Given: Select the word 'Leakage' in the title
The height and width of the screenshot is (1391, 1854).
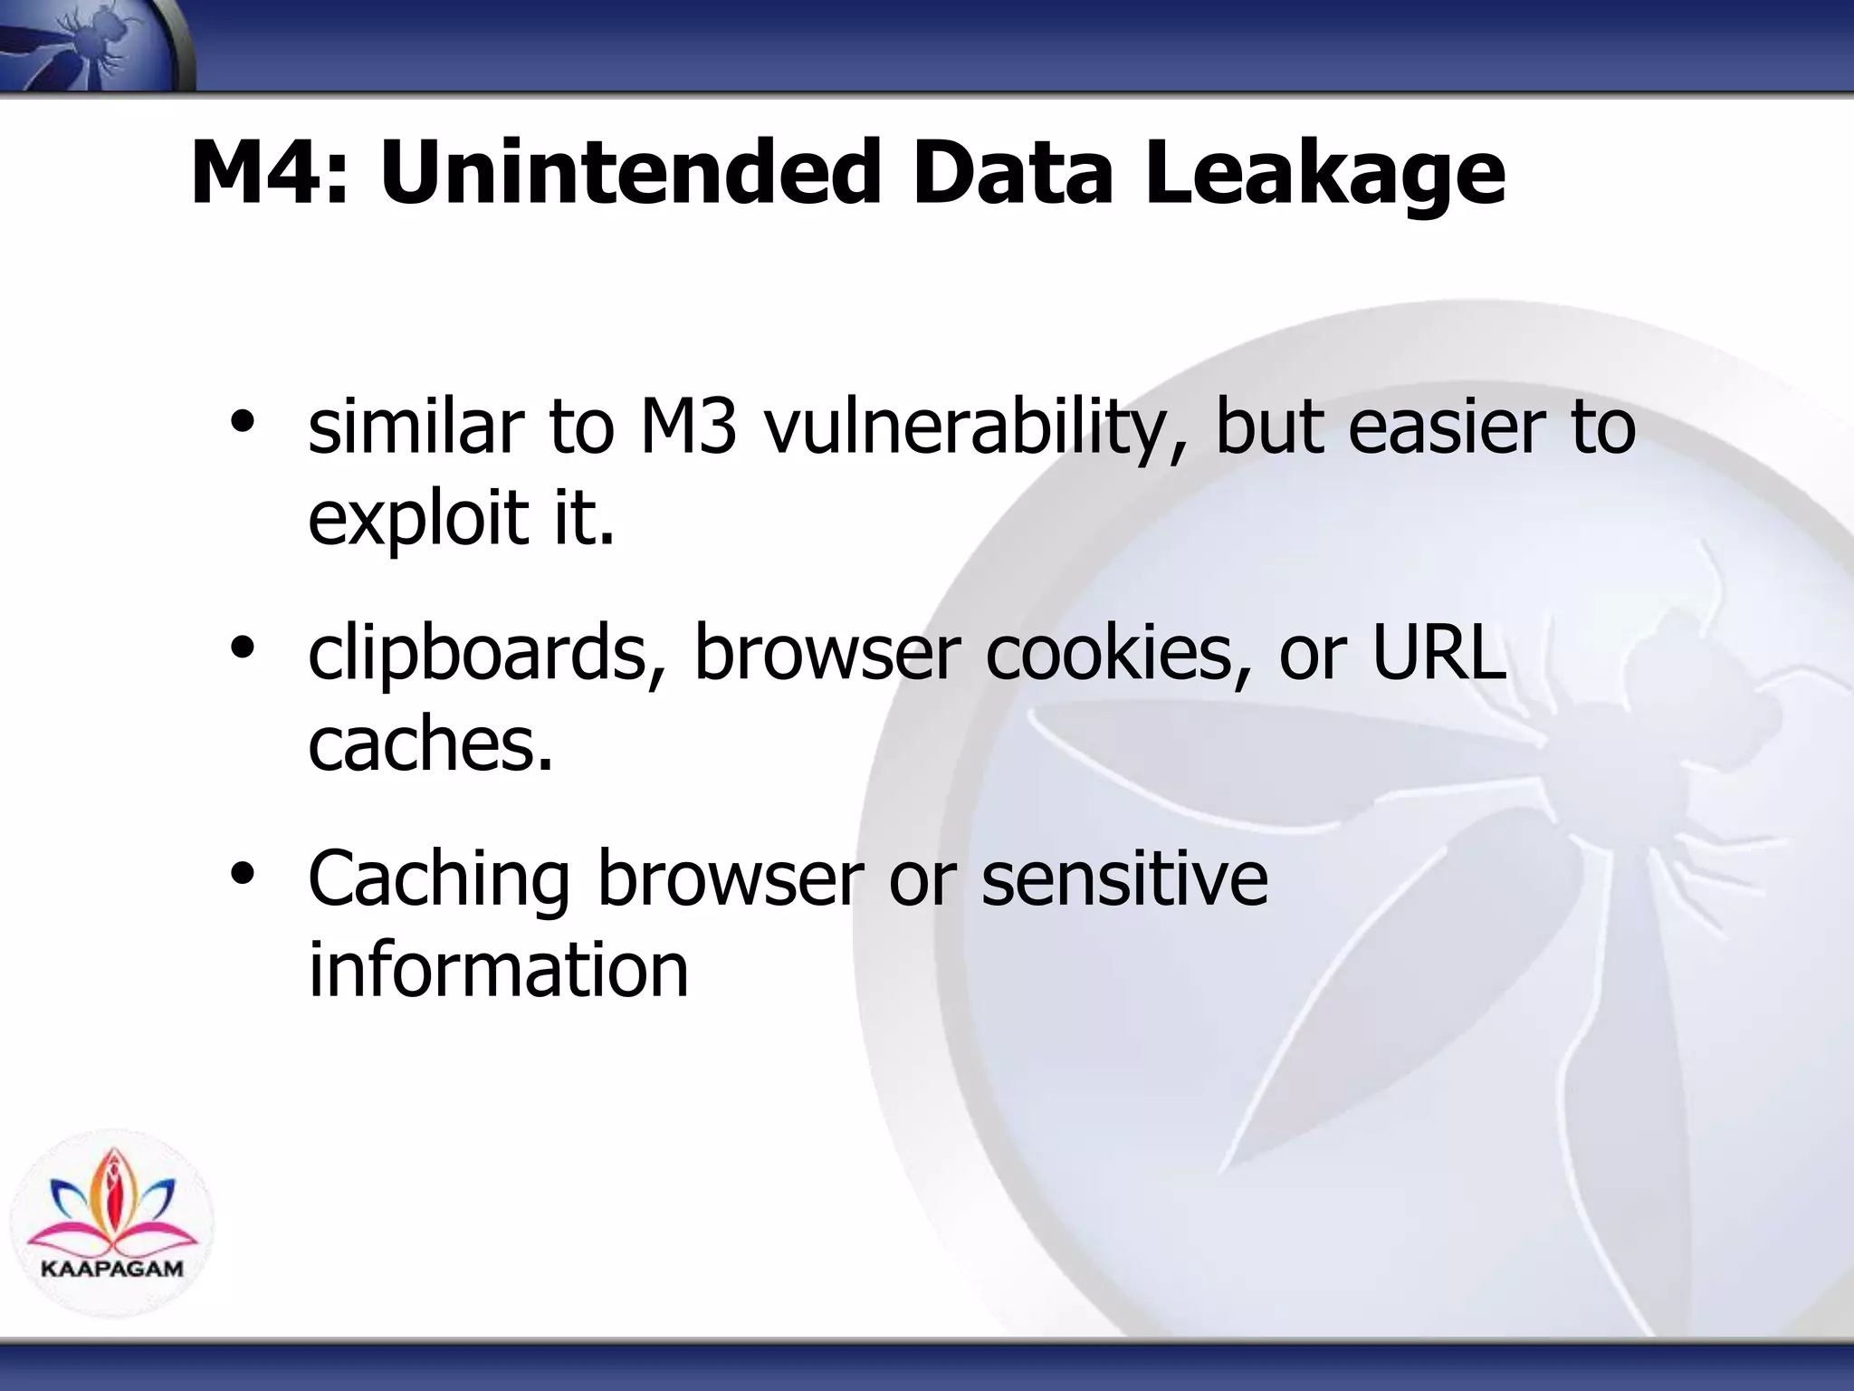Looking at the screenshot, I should [x=1324, y=175].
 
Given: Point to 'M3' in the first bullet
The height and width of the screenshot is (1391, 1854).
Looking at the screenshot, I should [x=688, y=427].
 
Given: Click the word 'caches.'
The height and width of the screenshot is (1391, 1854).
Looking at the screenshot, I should [x=430, y=743].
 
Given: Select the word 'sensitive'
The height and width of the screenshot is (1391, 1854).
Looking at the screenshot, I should [x=1124, y=878].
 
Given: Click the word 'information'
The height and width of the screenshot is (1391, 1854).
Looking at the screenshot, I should [x=498, y=970].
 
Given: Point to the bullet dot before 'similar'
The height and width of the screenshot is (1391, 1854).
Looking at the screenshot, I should [x=242, y=421].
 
